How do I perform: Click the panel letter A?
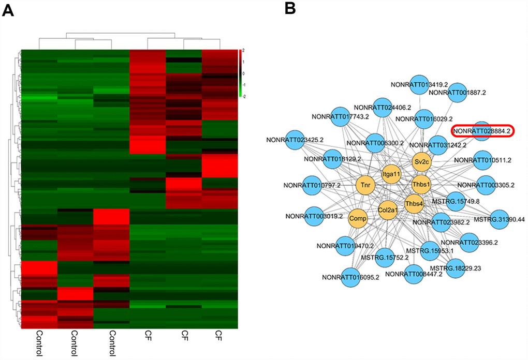click(8, 10)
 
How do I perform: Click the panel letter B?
click(290, 9)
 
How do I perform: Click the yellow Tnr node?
click(365, 184)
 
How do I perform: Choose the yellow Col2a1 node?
click(388, 210)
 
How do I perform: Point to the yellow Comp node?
click(358, 219)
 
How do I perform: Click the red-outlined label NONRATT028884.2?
click(481, 132)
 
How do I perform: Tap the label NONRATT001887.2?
click(458, 92)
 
